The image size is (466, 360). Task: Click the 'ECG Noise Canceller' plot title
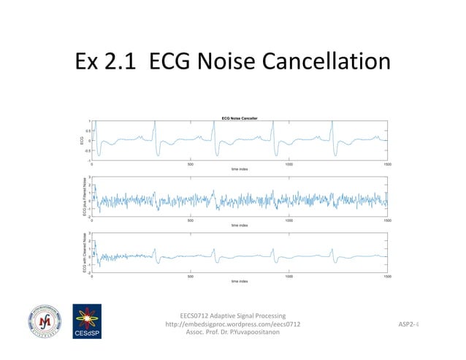coord(239,118)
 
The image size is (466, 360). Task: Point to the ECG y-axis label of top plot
coord(83,140)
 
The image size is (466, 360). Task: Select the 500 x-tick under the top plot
coord(190,164)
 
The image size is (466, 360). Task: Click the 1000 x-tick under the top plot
coord(289,164)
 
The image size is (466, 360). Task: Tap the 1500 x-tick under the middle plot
coord(386,220)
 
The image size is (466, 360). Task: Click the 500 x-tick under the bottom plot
coord(190,275)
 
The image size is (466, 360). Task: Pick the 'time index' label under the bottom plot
coord(239,280)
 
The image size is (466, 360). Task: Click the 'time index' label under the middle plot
coord(239,225)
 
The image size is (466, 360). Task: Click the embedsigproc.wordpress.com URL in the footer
coord(233,323)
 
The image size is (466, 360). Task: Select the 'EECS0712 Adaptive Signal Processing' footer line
coord(233,315)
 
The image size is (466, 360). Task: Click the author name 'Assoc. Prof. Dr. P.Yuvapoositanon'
coord(233,332)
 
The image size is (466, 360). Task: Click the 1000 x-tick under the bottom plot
coord(289,275)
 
